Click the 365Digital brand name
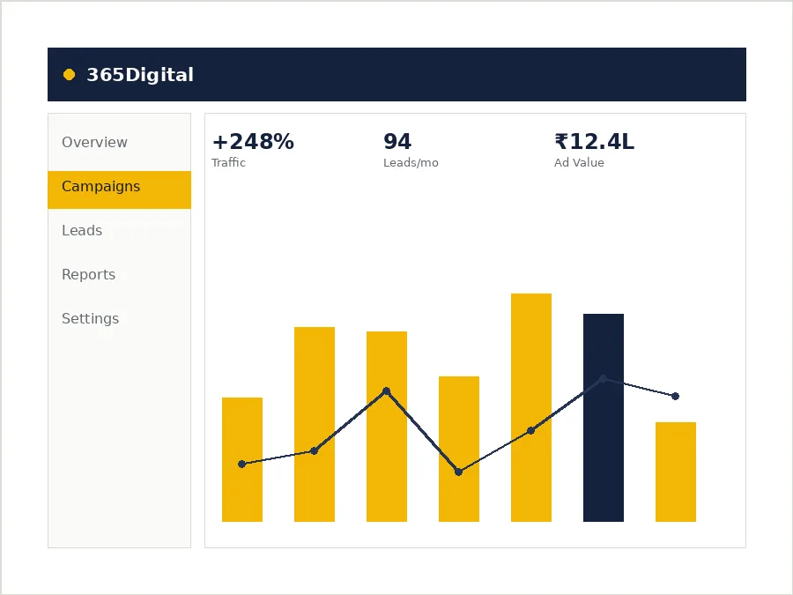(140, 75)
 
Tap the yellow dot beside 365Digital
(70, 75)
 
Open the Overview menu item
(94, 142)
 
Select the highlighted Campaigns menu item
(119, 190)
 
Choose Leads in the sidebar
(82, 230)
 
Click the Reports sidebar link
(88, 274)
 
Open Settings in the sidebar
(91, 318)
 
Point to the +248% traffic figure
(253, 142)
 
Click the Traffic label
(228, 162)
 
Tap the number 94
(397, 142)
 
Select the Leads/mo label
(411, 162)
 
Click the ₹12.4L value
(594, 142)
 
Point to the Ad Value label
(579, 162)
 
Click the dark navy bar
(604, 418)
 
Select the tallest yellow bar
(531, 407)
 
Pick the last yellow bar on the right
(676, 472)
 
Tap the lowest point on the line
(458, 472)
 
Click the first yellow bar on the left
(242, 459)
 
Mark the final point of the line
(675, 396)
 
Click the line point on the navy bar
(603, 378)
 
